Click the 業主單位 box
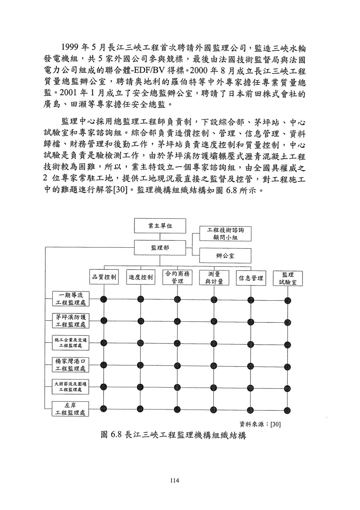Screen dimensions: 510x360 click(x=160, y=226)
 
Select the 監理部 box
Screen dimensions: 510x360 click(x=160, y=248)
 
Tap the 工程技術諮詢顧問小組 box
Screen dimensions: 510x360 click(x=225, y=234)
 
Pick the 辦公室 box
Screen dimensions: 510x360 click(x=225, y=256)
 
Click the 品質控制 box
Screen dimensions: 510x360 click(x=104, y=277)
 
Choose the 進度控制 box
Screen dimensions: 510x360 click(x=141, y=277)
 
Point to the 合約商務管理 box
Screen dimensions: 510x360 click(x=178, y=277)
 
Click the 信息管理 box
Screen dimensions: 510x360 click(x=251, y=278)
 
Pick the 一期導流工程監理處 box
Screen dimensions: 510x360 click(x=71, y=299)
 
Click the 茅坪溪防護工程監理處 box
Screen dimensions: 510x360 click(x=71, y=320)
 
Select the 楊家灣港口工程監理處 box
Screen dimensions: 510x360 click(x=71, y=365)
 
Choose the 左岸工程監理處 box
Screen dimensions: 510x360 click(x=71, y=409)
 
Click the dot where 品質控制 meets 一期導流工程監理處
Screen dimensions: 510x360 click(x=104, y=299)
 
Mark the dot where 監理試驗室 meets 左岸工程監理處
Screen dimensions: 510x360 click(x=288, y=409)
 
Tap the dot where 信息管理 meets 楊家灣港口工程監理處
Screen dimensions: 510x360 click(x=251, y=365)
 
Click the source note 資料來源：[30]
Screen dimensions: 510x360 click(x=260, y=424)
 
